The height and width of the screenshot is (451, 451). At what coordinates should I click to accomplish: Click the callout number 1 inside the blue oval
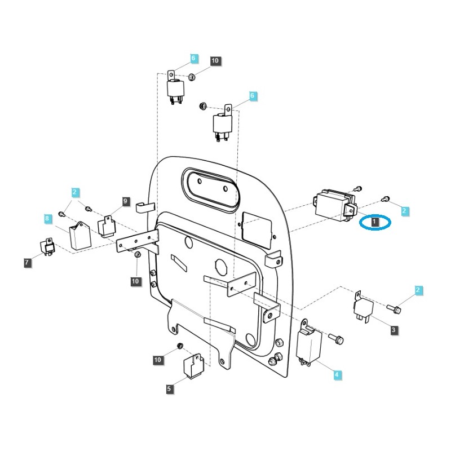click(374, 223)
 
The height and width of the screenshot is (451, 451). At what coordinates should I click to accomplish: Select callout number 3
click(393, 330)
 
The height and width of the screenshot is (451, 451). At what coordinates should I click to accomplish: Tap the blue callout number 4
click(337, 374)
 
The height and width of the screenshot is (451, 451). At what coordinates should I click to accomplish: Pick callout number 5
click(168, 388)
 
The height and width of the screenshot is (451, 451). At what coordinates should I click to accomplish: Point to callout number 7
click(28, 262)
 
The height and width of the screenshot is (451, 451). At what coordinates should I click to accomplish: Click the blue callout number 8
click(47, 218)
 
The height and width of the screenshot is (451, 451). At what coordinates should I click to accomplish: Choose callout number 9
click(125, 201)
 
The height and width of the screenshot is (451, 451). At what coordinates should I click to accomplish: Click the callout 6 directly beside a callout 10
click(193, 59)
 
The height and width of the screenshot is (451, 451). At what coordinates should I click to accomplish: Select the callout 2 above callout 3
click(418, 290)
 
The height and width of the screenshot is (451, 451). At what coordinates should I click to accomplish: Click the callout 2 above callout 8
click(75, 192)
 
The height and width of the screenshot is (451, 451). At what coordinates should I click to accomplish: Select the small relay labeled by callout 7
click(47, 246)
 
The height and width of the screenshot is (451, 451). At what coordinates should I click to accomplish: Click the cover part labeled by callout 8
click(79, 234)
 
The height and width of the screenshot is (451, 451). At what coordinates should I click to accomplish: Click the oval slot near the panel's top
click(210, 191)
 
